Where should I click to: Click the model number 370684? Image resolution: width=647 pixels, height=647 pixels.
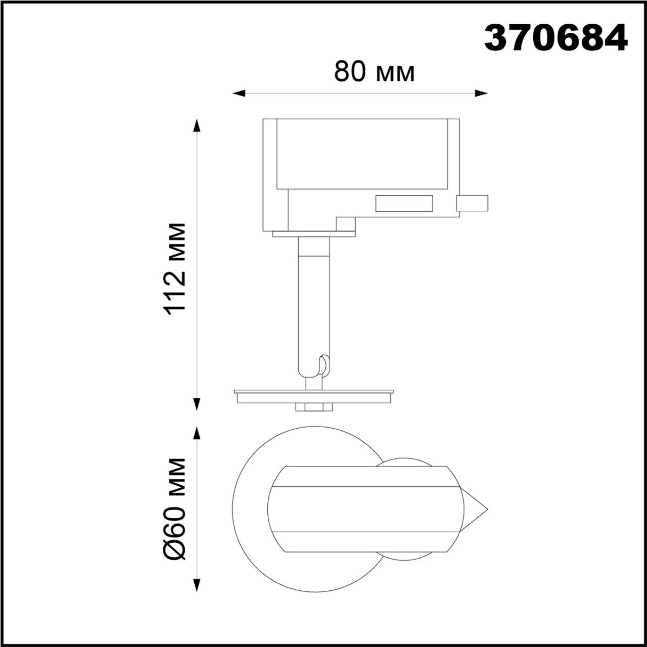[556, 38]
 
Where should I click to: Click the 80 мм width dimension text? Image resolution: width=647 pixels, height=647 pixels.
[374, 73]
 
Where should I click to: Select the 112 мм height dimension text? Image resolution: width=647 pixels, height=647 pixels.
[176, 268]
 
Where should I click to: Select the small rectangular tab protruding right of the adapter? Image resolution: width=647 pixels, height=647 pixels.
[472, 203]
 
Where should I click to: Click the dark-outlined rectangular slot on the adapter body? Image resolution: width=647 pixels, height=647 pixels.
[403, 203]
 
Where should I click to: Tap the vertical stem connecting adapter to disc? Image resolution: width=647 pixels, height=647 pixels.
[313, 303]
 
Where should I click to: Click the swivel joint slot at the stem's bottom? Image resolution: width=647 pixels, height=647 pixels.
[323, 365]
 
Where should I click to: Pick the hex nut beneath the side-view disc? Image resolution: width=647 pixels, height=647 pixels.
[313, 407]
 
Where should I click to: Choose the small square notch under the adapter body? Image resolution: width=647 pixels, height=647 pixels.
[346, 224]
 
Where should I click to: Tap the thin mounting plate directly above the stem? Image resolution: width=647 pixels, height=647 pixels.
[313, 234]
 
